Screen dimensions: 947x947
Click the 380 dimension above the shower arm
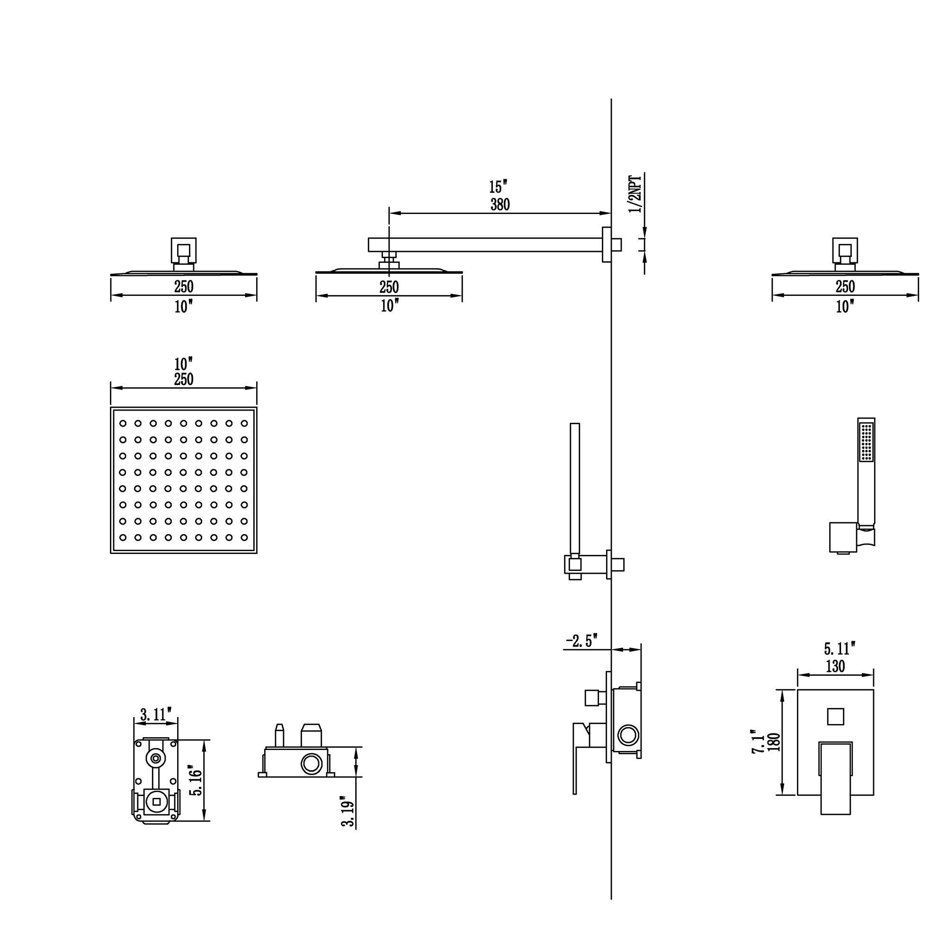500,205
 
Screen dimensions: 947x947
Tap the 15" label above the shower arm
498,187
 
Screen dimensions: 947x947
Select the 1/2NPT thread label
635,194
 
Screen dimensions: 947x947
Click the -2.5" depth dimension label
582,641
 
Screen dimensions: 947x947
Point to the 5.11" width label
839,649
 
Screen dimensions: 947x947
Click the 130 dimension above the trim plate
835,666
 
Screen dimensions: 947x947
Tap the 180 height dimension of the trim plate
774,742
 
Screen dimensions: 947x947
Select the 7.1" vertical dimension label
759,741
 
